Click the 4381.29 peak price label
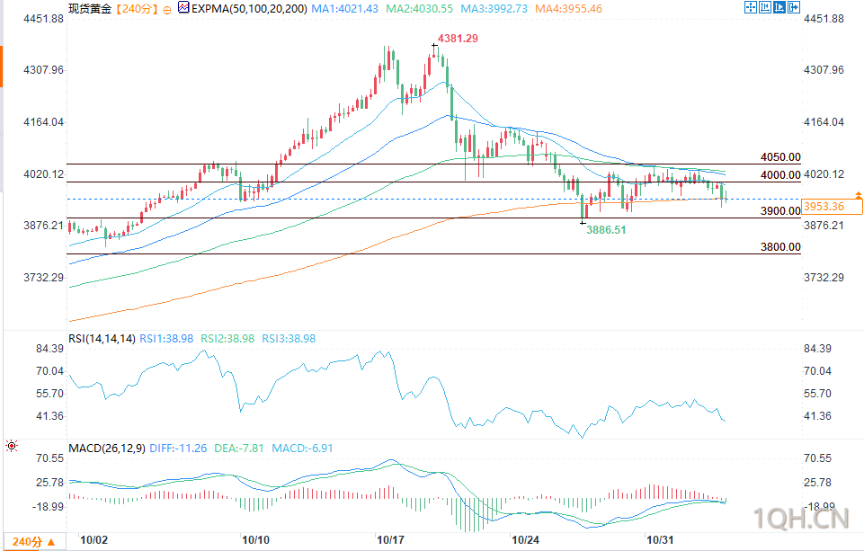coord(457,39)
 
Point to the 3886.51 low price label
coord(606,230)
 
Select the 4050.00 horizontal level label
coord(779,156)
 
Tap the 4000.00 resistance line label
coord(779,174)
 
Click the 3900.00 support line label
coord(779,210)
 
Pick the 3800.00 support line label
coord(779,246)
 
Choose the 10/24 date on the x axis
coord(524,540)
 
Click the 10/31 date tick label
coord(661,540)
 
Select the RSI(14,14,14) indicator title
coord(102,339)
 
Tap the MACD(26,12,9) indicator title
coord(106,449)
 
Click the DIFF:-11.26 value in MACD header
coord(180,449)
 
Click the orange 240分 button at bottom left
coord(32,541)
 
